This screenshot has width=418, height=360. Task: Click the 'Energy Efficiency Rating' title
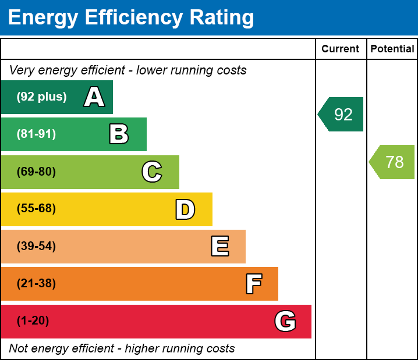pyautogui.click(x=131, y=17)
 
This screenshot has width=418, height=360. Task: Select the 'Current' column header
pyautogui.click(x=341, y=49)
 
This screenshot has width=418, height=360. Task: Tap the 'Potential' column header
pyautogui.click(x=392, y=49)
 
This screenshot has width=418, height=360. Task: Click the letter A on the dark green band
pyautogui.click(x=94, y=97)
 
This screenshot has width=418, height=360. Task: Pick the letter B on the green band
pyautogui.click(x=119, y=134)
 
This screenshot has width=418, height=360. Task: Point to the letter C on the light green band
pyautogui.click(x=152, y=172)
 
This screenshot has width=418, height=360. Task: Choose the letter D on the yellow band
pyautogui.click(x=185, y=209)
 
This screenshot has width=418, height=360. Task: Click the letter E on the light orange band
pyautogui.click(x=219, y=247)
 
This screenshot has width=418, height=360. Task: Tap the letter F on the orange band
pyautogui.click(x=253, y=284)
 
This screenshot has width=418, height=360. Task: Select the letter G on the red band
pyautogui.click(x=285, y=321)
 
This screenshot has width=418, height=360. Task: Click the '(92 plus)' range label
pyautogui.click(x=41, y=97)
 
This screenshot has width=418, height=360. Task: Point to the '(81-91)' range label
pyautogui.click(x=36, y=134)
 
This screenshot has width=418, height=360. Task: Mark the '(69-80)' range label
pyautogui.click(x=36, y=172)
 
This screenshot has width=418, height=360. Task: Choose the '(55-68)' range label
pyautogui.click(x=36, y=209)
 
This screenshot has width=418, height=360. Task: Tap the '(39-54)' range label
pyautogui.click(x=36, y=247)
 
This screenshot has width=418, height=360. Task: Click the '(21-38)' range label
pyautogui.click(x=36, y=284)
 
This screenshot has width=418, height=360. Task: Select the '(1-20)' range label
pyautogui.click(x=33, y=321)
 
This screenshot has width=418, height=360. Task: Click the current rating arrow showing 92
pyautogui.click(x=342, y=115)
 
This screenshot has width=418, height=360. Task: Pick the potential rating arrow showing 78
pyautogui.click(x=393, y=162)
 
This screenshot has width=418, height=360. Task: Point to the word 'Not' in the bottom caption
pyautogui.click(x=18, y=349)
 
